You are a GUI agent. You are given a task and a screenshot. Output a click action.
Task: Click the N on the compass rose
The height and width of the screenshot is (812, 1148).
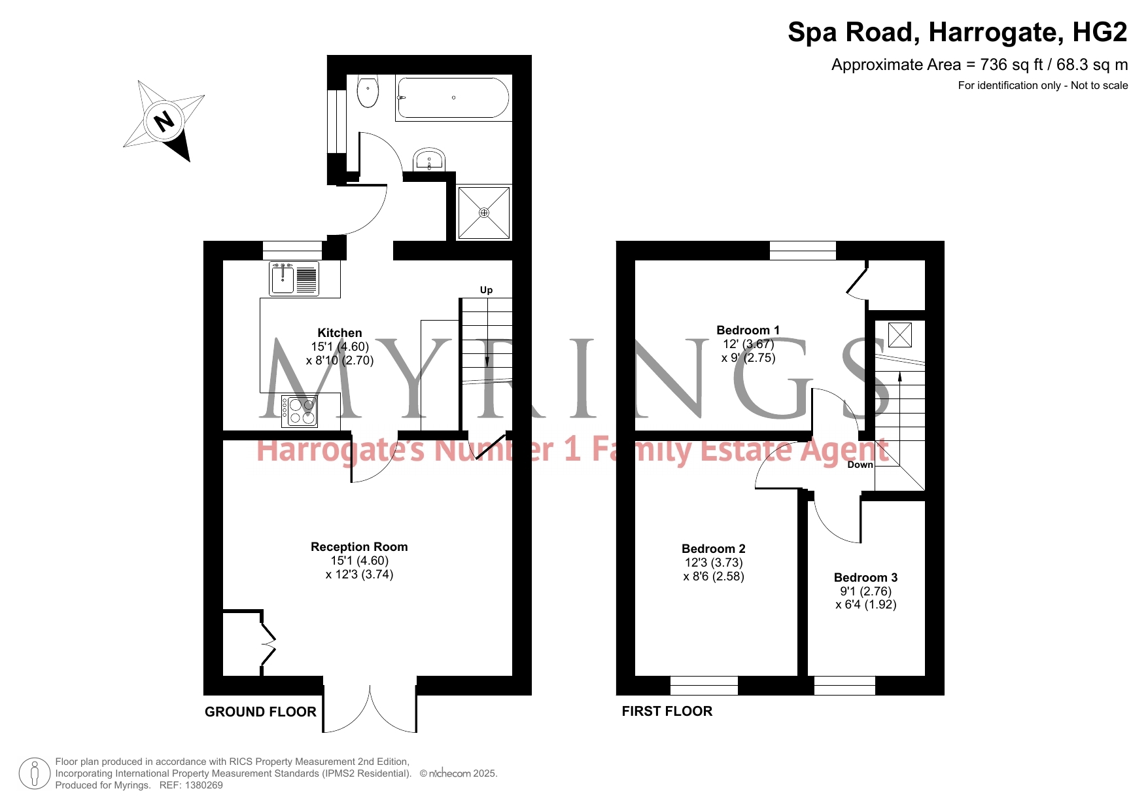[164, 121]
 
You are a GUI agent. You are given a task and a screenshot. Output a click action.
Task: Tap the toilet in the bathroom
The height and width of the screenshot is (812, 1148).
[368, 91]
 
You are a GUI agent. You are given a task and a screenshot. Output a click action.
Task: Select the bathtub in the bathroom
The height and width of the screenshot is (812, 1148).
[453, 98]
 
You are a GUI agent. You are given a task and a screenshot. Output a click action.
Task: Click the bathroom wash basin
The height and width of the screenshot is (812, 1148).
[429, 160]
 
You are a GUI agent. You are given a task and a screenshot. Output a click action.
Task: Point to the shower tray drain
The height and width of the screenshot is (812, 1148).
[484, 213]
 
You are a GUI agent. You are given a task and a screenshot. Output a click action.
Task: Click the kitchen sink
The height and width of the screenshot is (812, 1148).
[294, 279]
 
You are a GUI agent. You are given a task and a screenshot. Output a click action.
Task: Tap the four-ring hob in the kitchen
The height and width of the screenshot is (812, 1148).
[300, 412]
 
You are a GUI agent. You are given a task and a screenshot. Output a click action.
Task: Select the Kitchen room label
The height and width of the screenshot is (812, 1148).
[339, 333]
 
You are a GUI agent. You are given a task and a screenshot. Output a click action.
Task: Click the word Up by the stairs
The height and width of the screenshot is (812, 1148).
[486, 290]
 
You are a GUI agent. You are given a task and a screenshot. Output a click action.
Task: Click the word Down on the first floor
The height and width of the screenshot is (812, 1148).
[860, 465]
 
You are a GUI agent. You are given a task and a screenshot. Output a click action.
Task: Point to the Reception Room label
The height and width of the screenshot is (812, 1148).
[359, 547]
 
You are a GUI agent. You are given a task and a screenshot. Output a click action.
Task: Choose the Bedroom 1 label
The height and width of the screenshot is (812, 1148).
[748, 330]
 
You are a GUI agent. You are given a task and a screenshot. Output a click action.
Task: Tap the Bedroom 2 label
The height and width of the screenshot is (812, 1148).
[714, 549]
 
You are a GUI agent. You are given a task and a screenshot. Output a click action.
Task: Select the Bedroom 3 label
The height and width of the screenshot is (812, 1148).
[866, 578]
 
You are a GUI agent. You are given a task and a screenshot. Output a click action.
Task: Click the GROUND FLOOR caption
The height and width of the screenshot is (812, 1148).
[260, 712]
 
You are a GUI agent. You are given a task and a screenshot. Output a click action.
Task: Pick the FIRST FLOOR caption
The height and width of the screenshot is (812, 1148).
[667, 711]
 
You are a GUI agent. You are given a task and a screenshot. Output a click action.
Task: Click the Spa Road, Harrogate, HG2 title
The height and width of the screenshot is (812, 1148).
[958, 32]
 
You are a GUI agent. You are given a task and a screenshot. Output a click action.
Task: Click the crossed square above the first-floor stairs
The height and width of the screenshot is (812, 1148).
[899, 335]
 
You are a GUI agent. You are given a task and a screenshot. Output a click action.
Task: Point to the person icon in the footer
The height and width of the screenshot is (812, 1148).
[35, 773]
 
